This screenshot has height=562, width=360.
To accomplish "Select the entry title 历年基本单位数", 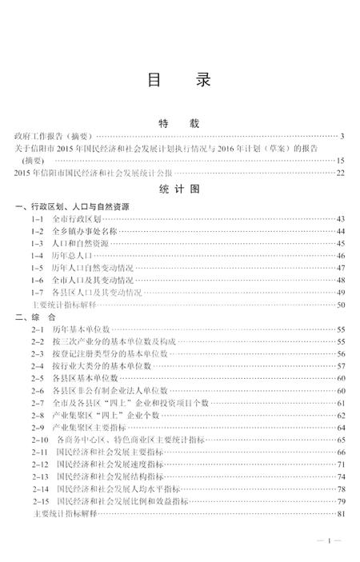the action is pyautogui.click(x=80, y=329).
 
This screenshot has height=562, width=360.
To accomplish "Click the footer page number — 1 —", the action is pyautogui.click(x=329, y=542).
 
